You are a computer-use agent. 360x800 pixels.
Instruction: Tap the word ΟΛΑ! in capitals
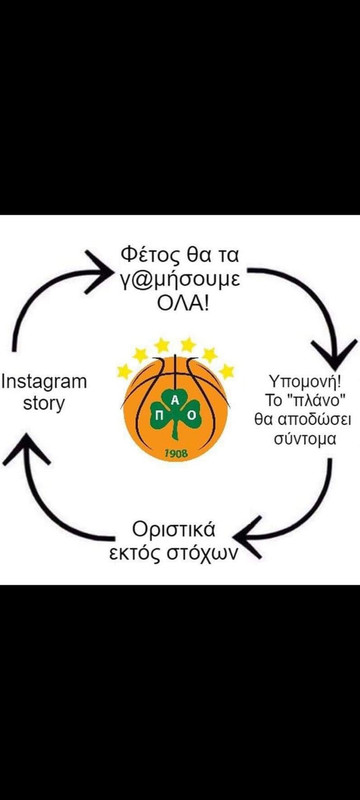click(x=180, y=303)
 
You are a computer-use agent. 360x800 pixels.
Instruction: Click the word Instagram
click(x=44, y=382)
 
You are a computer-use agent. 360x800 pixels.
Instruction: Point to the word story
click(x=44, y=404)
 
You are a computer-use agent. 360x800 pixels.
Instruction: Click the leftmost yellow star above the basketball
click(x=124, y=372)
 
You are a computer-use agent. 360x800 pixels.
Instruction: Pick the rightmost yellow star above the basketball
click(x=227, y=371)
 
